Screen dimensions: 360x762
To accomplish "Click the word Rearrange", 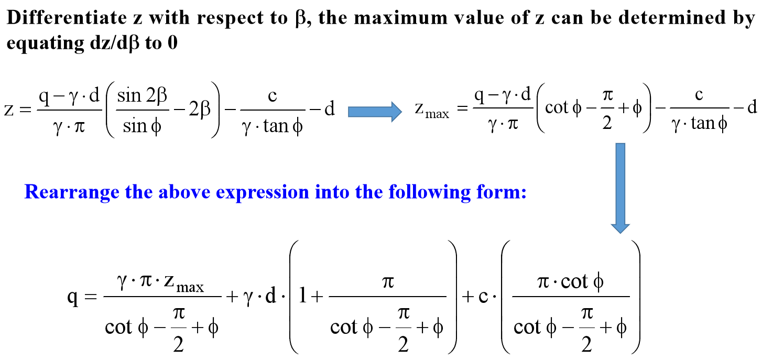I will [72, 192].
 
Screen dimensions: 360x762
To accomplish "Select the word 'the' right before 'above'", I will [139, 192].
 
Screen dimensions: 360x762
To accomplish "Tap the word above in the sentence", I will [184, 192].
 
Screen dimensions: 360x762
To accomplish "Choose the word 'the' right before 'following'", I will [369, 192].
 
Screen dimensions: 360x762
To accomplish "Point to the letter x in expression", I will [230, 194].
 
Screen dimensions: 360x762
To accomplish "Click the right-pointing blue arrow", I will [375, 112].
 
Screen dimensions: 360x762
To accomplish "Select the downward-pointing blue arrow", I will [621, 188].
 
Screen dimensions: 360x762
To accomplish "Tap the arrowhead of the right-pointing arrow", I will [396, 112].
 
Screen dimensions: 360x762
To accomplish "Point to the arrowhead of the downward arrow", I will [621, 228].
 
